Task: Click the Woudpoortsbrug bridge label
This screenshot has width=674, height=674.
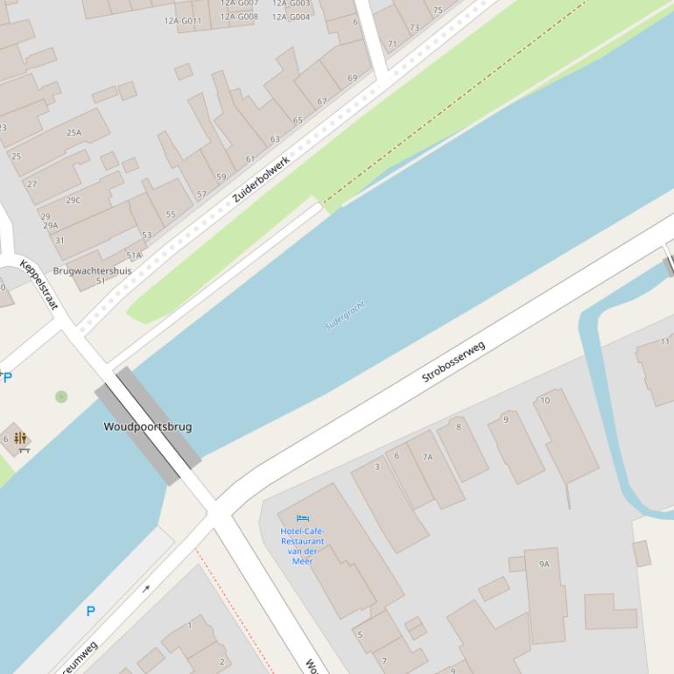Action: [x=147, y=426]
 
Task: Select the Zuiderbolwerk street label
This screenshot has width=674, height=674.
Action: [x=260, y=180]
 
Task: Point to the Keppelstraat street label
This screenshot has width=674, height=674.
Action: [x=39, y=284]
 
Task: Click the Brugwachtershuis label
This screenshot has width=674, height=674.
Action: [x=92, y=271]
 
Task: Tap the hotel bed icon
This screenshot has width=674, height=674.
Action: [x=303, y=518]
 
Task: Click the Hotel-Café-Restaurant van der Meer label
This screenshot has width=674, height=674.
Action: [x=302, y=545]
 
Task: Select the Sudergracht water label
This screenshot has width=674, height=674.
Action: [x=345, y=315]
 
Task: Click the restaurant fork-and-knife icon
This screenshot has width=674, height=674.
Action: [x=20, y=438]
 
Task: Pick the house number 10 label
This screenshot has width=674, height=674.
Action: [x=545, y=401]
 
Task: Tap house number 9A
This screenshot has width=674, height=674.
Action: [x=544, y=565]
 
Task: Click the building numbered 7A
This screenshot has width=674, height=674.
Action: [x=427, y=457]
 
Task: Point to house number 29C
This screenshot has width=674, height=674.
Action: [x=73, y=200]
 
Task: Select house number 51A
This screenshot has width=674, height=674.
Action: [x=133, y=256]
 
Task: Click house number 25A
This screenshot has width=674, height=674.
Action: [x=74, y=133]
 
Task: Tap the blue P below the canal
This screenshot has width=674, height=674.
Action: [x=90, y=611]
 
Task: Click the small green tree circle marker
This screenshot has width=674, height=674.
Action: [x=61, y=397]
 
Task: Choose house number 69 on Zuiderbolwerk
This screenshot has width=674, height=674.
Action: [x=352, y=79]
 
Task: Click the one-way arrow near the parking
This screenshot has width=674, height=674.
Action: [x=146, y=589]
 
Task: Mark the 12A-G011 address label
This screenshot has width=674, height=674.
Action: [x=182, y=21]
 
